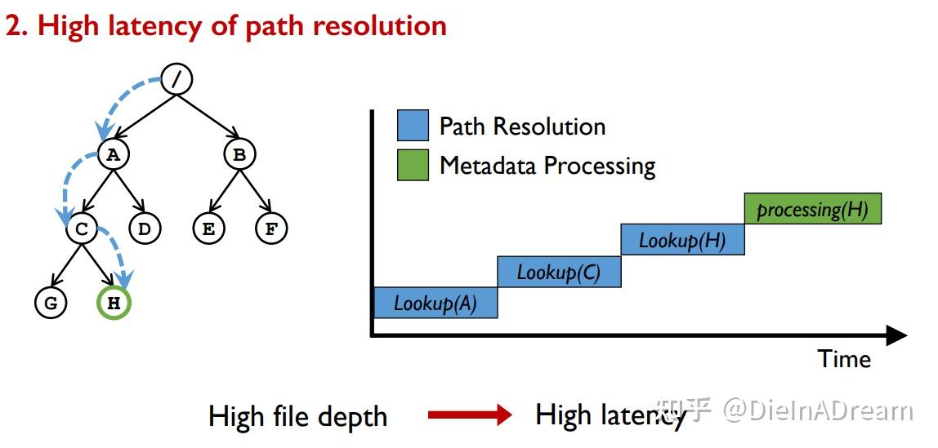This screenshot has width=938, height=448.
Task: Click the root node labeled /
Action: coord(176,78)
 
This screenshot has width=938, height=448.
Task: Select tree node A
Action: coord(114,154)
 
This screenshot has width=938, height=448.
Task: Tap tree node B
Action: coord(239,154)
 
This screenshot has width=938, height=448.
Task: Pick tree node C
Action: coord(82,229)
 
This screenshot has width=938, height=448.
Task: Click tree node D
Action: coord(145,229)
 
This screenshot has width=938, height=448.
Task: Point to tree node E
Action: coord(208,229)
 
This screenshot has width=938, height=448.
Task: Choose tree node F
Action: coord(270,229)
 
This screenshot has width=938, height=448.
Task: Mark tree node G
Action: coord(51,304)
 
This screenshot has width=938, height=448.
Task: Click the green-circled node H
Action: coord(114,304)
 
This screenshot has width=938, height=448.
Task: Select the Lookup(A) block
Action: coord(435,303)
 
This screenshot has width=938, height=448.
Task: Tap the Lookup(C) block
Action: coord(559,272)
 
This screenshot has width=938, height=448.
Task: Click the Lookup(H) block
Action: coord(682,240)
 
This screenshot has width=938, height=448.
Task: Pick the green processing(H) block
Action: coord(812,209)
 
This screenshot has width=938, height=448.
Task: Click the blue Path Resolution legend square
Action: coord(413,126)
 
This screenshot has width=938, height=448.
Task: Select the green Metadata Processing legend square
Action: coord(413,165)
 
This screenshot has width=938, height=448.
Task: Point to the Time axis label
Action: coord(844,359)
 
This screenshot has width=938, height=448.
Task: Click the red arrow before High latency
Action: coord(469,415)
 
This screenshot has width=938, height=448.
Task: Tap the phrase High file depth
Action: coord(297,416)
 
